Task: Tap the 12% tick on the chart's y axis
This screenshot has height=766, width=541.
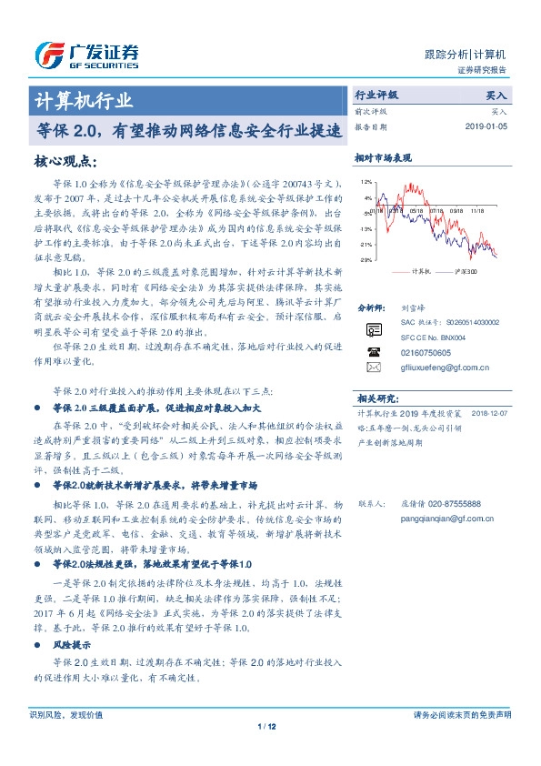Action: click(366, 183)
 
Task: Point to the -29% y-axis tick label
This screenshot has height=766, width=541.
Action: click(366, 260)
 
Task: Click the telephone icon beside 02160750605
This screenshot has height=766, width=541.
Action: click(373, 351)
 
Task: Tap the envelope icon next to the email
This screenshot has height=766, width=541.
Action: click(373, 368)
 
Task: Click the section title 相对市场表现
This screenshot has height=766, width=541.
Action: click(383, 157)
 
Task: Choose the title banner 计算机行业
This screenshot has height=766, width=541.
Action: click(84, 100)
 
